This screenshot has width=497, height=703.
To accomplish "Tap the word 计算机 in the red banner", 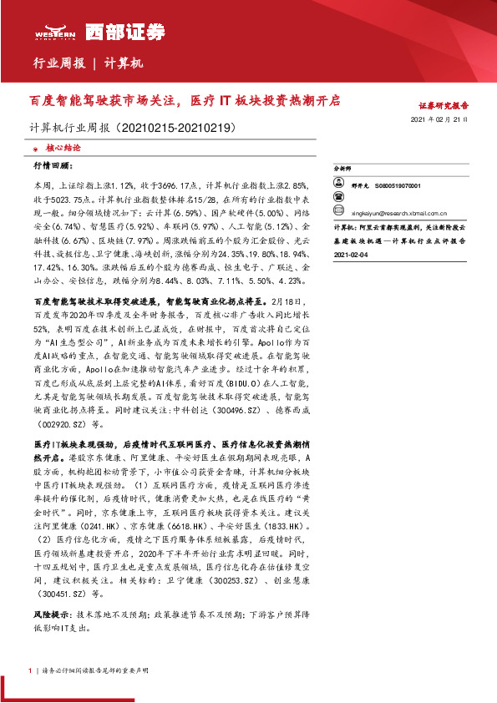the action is tap(124, 63).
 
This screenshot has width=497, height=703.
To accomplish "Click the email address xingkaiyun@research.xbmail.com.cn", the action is tap(393, 213).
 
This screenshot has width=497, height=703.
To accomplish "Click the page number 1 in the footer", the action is tap(29, 670).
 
